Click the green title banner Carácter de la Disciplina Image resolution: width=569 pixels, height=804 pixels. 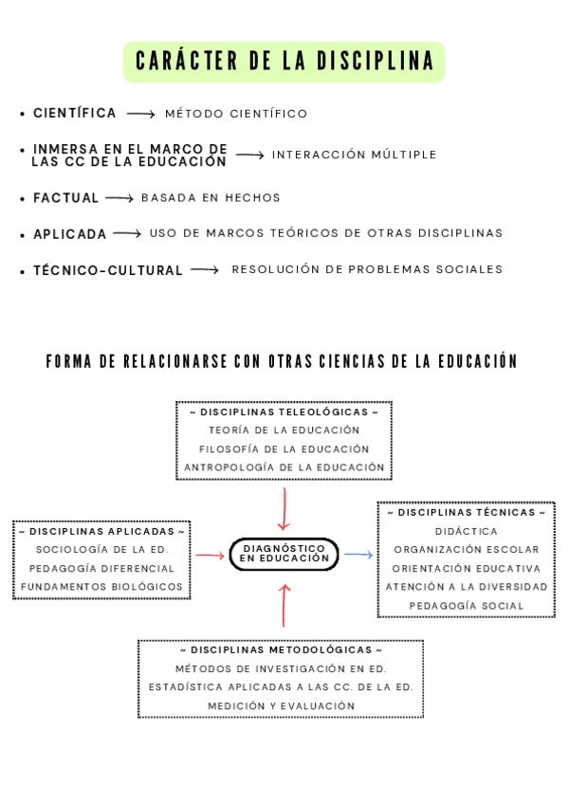tap(284, 62)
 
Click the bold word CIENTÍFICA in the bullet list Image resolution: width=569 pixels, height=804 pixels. tap(75, 114)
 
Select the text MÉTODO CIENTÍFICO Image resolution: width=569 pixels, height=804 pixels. tap(236, 114)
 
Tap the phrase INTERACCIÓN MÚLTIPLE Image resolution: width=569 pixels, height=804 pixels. tap(355, 155)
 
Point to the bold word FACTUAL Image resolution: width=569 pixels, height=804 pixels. tap(66, 198)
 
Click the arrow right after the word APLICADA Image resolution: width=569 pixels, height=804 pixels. tap(127, 233)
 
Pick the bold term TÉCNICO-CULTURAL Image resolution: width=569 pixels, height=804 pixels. tap(108, 270)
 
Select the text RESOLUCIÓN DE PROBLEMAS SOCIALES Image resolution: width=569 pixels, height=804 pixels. tap(367, 269)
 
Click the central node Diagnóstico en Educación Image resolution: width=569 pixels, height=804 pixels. tap(284, 554)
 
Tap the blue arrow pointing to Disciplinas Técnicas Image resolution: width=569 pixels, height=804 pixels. tap(358, 554)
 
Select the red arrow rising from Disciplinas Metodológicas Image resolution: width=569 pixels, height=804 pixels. tap(284, 605)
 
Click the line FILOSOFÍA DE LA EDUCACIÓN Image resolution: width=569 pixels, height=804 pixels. tap(284, 448)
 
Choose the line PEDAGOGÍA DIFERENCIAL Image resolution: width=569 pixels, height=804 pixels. tap(101, 568)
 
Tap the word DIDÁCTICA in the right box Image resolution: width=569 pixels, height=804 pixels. tap(466, 531)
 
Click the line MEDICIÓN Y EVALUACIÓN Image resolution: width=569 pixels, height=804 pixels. tap(281, 705)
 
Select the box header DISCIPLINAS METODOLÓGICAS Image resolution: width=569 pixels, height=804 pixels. tap(281, 650)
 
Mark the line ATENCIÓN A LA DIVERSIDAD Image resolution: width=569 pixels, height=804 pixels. tap(466, 586)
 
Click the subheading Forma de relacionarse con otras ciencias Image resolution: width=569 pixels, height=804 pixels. tap(282, 361)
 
